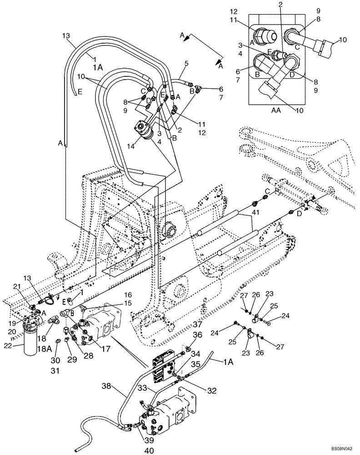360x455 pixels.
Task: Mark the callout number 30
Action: coord(55,359)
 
